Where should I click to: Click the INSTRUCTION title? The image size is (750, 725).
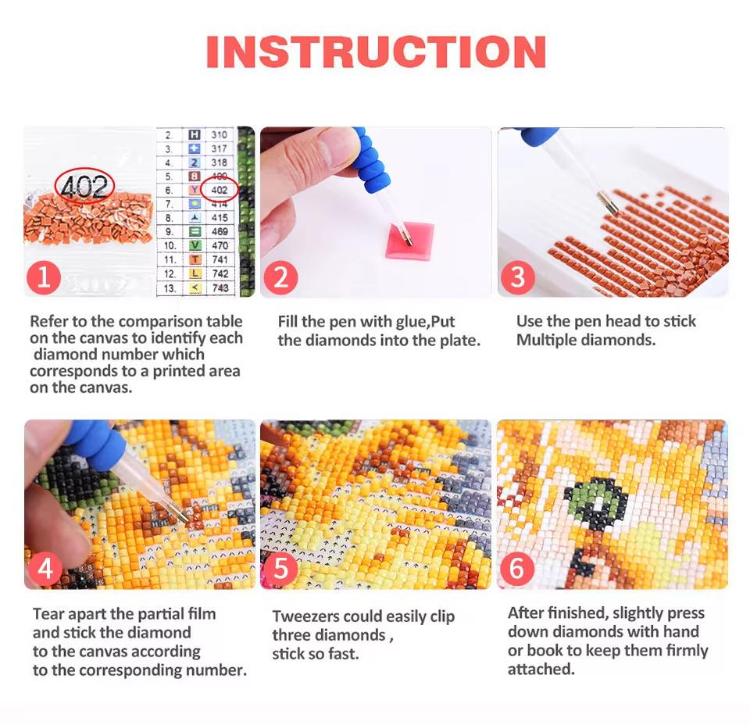pos(376,52)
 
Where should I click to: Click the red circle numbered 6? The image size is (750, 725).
pos(516,569)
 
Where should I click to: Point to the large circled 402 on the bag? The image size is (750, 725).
pos(84,187)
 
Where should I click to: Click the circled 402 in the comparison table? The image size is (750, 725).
pos(220,190)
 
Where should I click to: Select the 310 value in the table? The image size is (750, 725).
pos(220,134)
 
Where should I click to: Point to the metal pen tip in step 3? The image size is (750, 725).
pos(609,205)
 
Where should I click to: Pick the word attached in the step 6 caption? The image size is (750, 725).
pos(540,669)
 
